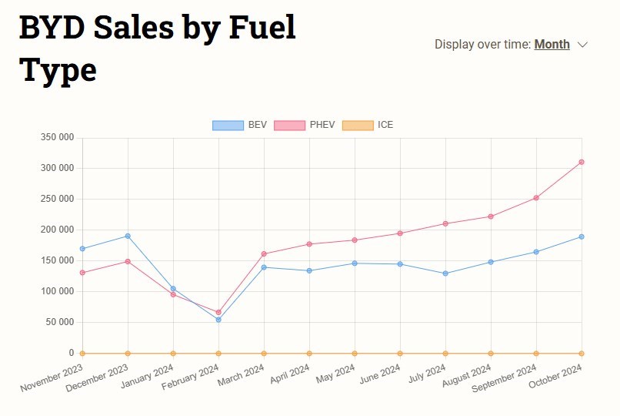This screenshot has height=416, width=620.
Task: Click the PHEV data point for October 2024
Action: tap(582, 162)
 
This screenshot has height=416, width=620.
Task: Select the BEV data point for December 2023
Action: tap(128, 236)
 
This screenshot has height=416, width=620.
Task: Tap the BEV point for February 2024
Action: tap(218, 319)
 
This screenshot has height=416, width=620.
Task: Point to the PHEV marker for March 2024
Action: tap(264, 253)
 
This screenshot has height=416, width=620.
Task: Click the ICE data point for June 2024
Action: tap(400, 353)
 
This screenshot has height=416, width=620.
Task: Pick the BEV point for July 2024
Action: tap(445, 273)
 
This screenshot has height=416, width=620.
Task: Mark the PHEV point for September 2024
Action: tap(536, 198)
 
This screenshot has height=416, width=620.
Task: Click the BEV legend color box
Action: tap(228, 125)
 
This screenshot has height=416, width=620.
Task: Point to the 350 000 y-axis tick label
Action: tap(57, 137)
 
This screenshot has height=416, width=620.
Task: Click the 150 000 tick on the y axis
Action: tap(57, 260)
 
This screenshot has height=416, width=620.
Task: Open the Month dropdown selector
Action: tap(552, 44)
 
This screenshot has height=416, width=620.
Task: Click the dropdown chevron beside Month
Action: tap(582, 45)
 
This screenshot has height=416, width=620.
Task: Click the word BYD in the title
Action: tap(52, 29)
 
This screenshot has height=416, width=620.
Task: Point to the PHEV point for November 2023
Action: tap(82, 273)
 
